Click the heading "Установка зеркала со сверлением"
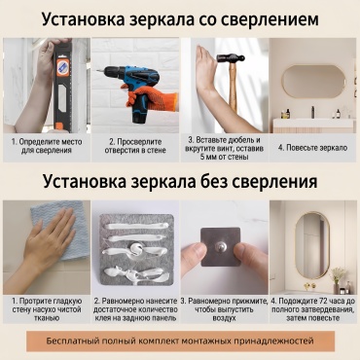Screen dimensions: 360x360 point(180,19)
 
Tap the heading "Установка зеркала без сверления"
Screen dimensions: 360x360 point(180,182)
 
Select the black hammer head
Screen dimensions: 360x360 point(231,58)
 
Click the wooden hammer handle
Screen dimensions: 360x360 point(233,88)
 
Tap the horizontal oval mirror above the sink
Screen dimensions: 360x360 point(313,82)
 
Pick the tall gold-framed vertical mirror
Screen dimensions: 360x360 point(312,245)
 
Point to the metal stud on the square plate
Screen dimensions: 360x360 point(220,247)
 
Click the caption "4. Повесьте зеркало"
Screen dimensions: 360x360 point(313,148)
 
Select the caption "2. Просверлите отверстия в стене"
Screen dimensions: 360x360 point(135,146)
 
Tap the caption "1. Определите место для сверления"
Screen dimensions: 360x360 point(47,146)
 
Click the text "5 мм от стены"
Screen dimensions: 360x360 point(225,158)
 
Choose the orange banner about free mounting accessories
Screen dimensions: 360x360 point(180,342)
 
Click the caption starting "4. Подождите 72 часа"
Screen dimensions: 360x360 point(313,309)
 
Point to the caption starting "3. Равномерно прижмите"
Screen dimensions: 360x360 point(225,309)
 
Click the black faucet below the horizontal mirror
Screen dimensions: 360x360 point(312,112)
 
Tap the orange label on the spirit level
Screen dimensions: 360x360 point(63,67)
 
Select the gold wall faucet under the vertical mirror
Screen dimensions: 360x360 point(306,286)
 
